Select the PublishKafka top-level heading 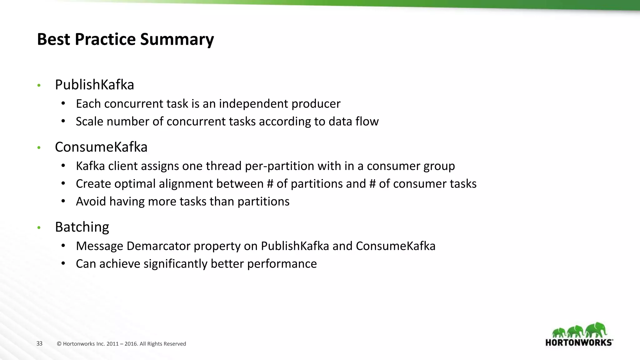coord(94,85)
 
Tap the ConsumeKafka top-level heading coord(101,147)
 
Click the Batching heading coord(82,227)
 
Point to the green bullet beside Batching coord(39,228)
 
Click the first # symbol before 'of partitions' coord(270,184)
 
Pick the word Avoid coord(91,202)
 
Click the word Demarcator coord(158,246)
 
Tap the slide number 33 coord(39,343)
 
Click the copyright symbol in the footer coord(59,344)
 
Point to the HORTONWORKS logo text coord(579,342)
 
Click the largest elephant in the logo coord(596,330)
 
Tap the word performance coord(282,264)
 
